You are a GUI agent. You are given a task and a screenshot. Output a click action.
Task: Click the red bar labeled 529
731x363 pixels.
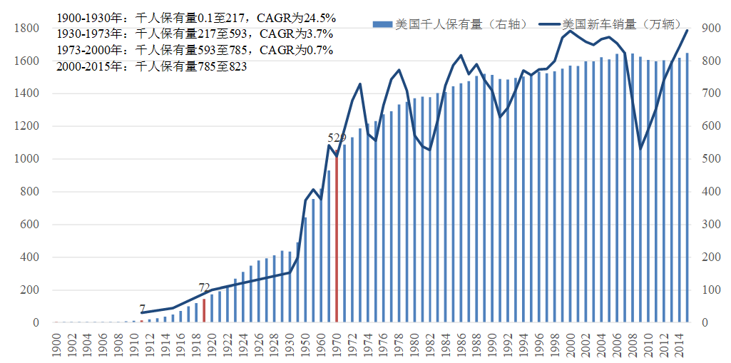point(337,235)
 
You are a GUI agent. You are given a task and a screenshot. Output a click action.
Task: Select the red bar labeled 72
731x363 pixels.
point(204,311)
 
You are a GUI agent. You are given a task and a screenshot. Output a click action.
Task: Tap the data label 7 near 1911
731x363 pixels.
point(143,308)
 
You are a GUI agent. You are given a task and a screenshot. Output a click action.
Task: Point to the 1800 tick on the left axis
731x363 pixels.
point(26,29)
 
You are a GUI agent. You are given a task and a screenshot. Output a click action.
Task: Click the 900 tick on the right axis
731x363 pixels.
point(708,29)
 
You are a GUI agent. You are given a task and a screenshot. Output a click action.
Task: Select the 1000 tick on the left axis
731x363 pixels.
point(26,159)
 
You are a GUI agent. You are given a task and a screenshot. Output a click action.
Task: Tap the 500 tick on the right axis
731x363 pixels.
point(708,159)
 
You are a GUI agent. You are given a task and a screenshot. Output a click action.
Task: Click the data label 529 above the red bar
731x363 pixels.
point(337,138)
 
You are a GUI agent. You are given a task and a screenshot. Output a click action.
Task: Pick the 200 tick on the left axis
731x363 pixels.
point(29,290)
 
